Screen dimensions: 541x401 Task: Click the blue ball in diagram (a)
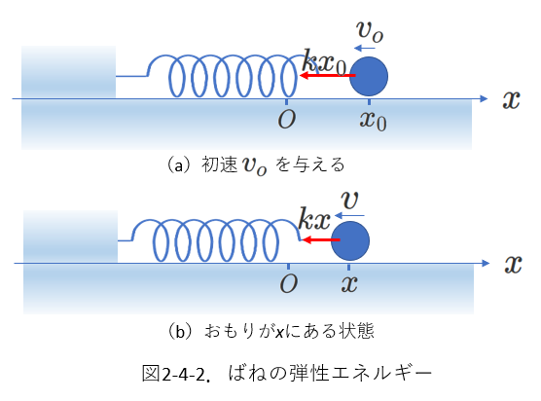[x=369, y=76]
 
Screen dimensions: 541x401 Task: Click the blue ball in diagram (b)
[x=350, y=240]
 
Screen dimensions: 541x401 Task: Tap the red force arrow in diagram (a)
[x=328, y=75]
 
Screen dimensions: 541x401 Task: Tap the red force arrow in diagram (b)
[x=320, y=239]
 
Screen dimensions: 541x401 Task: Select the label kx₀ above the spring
[x=324, y=63]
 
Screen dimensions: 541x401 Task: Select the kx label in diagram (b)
[x=314, y=219]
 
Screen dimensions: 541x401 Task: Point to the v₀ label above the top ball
[x=370, y=32]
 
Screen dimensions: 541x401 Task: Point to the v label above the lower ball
[x=350, y=200]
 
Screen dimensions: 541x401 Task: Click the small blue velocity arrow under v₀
[x=365, y=48]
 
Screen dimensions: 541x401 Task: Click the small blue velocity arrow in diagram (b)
[x=349, y=216]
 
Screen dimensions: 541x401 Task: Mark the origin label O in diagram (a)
[x=287, y=120]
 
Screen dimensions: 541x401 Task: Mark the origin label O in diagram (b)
[x=289, y=284]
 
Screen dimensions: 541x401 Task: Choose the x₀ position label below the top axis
[x=373, y=121]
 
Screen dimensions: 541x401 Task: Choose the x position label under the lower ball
[x=349, y=284]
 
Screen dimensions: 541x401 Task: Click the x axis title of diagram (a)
[x=511, y=100]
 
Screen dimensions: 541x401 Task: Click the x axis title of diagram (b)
[x=513, y=265]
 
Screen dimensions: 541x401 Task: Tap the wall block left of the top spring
[x=68, y=72]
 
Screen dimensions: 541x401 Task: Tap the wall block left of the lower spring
[x=70, y=237]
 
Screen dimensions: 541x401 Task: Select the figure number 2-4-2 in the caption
[x=183, y=375]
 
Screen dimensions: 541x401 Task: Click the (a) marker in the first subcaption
[x=179, y=164]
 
